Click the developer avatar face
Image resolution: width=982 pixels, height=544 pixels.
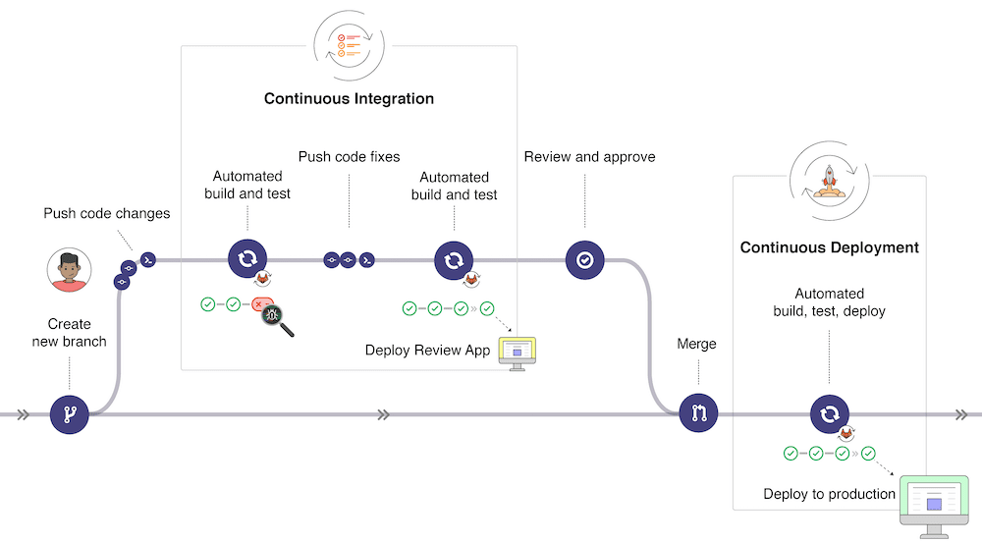[69, 269]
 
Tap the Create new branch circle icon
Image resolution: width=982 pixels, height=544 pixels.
[69, 414]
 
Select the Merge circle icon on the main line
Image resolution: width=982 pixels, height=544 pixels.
[698, 413]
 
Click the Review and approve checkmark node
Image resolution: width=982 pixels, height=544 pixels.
[584, 260]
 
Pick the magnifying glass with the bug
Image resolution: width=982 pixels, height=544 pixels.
[275, 318]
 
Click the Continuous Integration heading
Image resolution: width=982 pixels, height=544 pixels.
[349, 99]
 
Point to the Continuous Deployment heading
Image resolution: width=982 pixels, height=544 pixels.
[829, 247]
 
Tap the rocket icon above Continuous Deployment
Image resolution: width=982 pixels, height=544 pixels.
[829, 180]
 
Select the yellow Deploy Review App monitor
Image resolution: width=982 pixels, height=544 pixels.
[518, 349]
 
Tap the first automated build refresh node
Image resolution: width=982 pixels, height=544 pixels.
[246, 260]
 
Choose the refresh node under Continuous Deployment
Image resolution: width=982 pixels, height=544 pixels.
[828, 413]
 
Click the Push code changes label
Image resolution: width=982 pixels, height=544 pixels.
[106, 213]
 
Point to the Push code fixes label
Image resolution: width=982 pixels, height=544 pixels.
[349, 156]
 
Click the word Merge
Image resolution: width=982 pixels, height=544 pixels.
[696, 344]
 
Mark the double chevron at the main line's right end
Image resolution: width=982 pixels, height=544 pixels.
[962, 414]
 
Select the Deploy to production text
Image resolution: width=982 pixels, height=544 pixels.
[829, 494]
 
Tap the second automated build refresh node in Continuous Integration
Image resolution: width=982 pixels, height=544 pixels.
[454, 260]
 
